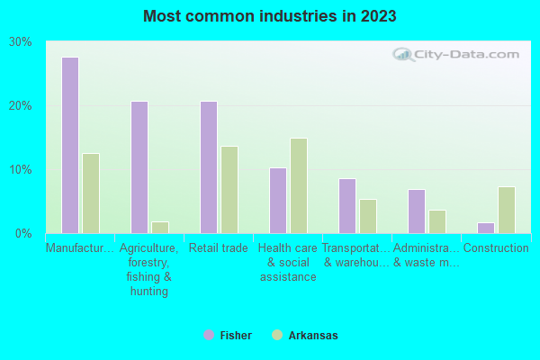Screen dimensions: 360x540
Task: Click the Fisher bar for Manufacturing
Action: coord(70,145)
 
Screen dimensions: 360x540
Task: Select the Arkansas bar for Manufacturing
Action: coord(91,193)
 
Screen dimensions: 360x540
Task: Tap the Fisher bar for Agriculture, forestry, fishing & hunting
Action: coord(139,167)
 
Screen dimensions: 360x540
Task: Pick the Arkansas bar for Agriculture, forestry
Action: coord(160,227)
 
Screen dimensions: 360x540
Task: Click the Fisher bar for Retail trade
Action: coord(209,167)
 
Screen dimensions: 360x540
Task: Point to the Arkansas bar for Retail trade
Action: coord(229,190)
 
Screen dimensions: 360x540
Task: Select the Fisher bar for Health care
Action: coord(278,201)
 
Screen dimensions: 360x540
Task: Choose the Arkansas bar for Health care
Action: coord(299,185)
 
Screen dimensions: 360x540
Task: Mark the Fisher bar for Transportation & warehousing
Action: coord(347,206)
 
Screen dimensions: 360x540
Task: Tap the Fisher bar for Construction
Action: coord(486,228)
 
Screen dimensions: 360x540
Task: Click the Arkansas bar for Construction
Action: coord(507,210)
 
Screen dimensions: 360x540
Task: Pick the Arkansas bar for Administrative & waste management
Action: coord(437,221)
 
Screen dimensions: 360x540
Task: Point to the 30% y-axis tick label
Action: coord(21,42)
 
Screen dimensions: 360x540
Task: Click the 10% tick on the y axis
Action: coord(21,170)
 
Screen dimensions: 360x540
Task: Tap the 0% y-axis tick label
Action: coord(23,234)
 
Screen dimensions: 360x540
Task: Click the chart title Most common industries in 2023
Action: coord(270,16)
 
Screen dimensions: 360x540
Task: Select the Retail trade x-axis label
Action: coord(219,248)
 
